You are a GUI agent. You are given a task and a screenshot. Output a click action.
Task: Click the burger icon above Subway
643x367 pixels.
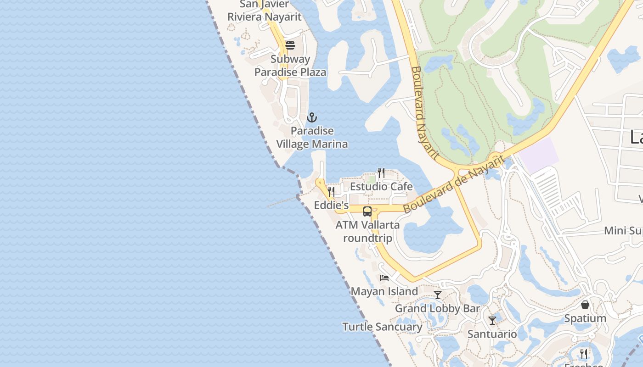point(290,45)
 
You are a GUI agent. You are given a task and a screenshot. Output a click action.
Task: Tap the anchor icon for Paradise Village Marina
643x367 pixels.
point(312,117)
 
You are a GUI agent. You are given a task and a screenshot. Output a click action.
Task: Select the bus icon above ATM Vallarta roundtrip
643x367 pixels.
point(367,211)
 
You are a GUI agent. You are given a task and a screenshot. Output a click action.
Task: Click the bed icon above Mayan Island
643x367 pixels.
point(384,278)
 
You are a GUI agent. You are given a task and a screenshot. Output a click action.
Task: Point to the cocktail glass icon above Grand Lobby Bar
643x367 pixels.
point(438,295)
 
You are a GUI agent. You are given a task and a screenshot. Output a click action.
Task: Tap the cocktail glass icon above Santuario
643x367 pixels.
point(492,320)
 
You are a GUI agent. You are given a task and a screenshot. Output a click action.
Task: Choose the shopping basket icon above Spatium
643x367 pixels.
point(585,305)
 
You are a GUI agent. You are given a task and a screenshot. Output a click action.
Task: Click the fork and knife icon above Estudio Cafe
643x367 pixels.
point(381,173)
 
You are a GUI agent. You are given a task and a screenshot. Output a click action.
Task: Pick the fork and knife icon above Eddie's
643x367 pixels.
point(331,191)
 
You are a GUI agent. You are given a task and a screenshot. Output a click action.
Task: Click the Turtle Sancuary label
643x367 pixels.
point(382,327)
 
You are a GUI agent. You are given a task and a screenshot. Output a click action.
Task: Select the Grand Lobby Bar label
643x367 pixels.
point(437,309)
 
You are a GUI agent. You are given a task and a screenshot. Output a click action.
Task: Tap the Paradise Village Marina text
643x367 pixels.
point(312,138)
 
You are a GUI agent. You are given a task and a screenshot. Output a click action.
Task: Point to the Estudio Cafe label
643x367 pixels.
point(381,187)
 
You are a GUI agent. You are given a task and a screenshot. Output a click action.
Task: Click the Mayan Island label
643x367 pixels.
point(384,291)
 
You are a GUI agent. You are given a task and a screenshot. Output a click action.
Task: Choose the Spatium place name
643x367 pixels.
point(585,318)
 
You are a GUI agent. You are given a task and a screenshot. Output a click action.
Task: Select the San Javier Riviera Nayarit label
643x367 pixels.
point(265,11)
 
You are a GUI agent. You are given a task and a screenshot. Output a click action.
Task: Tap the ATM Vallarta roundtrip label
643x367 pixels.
point(367,232)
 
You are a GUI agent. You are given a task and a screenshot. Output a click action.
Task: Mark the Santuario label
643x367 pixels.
point(492,334)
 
